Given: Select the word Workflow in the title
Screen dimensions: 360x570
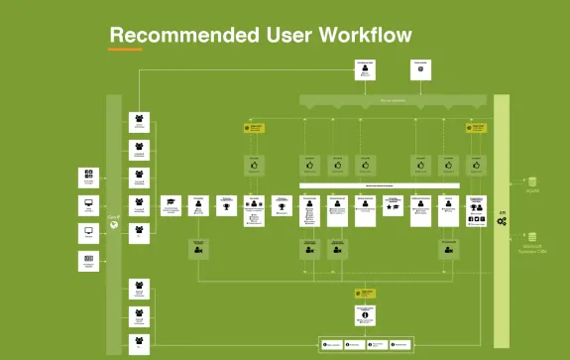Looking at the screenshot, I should tap(364, 36).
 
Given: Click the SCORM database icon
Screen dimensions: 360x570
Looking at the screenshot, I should tap(532, 181).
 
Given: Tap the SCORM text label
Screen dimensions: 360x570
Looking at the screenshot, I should tap(532, 191).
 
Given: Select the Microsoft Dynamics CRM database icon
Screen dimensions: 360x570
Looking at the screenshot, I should tap(532, 237).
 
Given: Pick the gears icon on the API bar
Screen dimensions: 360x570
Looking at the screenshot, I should tap(502, 221).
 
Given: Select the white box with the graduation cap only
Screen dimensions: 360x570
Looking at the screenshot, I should tap(171, 205).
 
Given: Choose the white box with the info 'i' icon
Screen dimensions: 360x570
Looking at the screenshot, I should tap(366, 315).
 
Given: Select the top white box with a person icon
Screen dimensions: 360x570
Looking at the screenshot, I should tap(366, 69).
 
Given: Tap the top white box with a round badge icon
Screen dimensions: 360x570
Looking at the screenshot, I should tap(421, 69).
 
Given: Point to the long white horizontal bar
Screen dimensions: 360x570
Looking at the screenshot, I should tap(380, 185).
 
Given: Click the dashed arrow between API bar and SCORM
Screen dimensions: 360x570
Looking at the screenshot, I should tap(516, 182).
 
